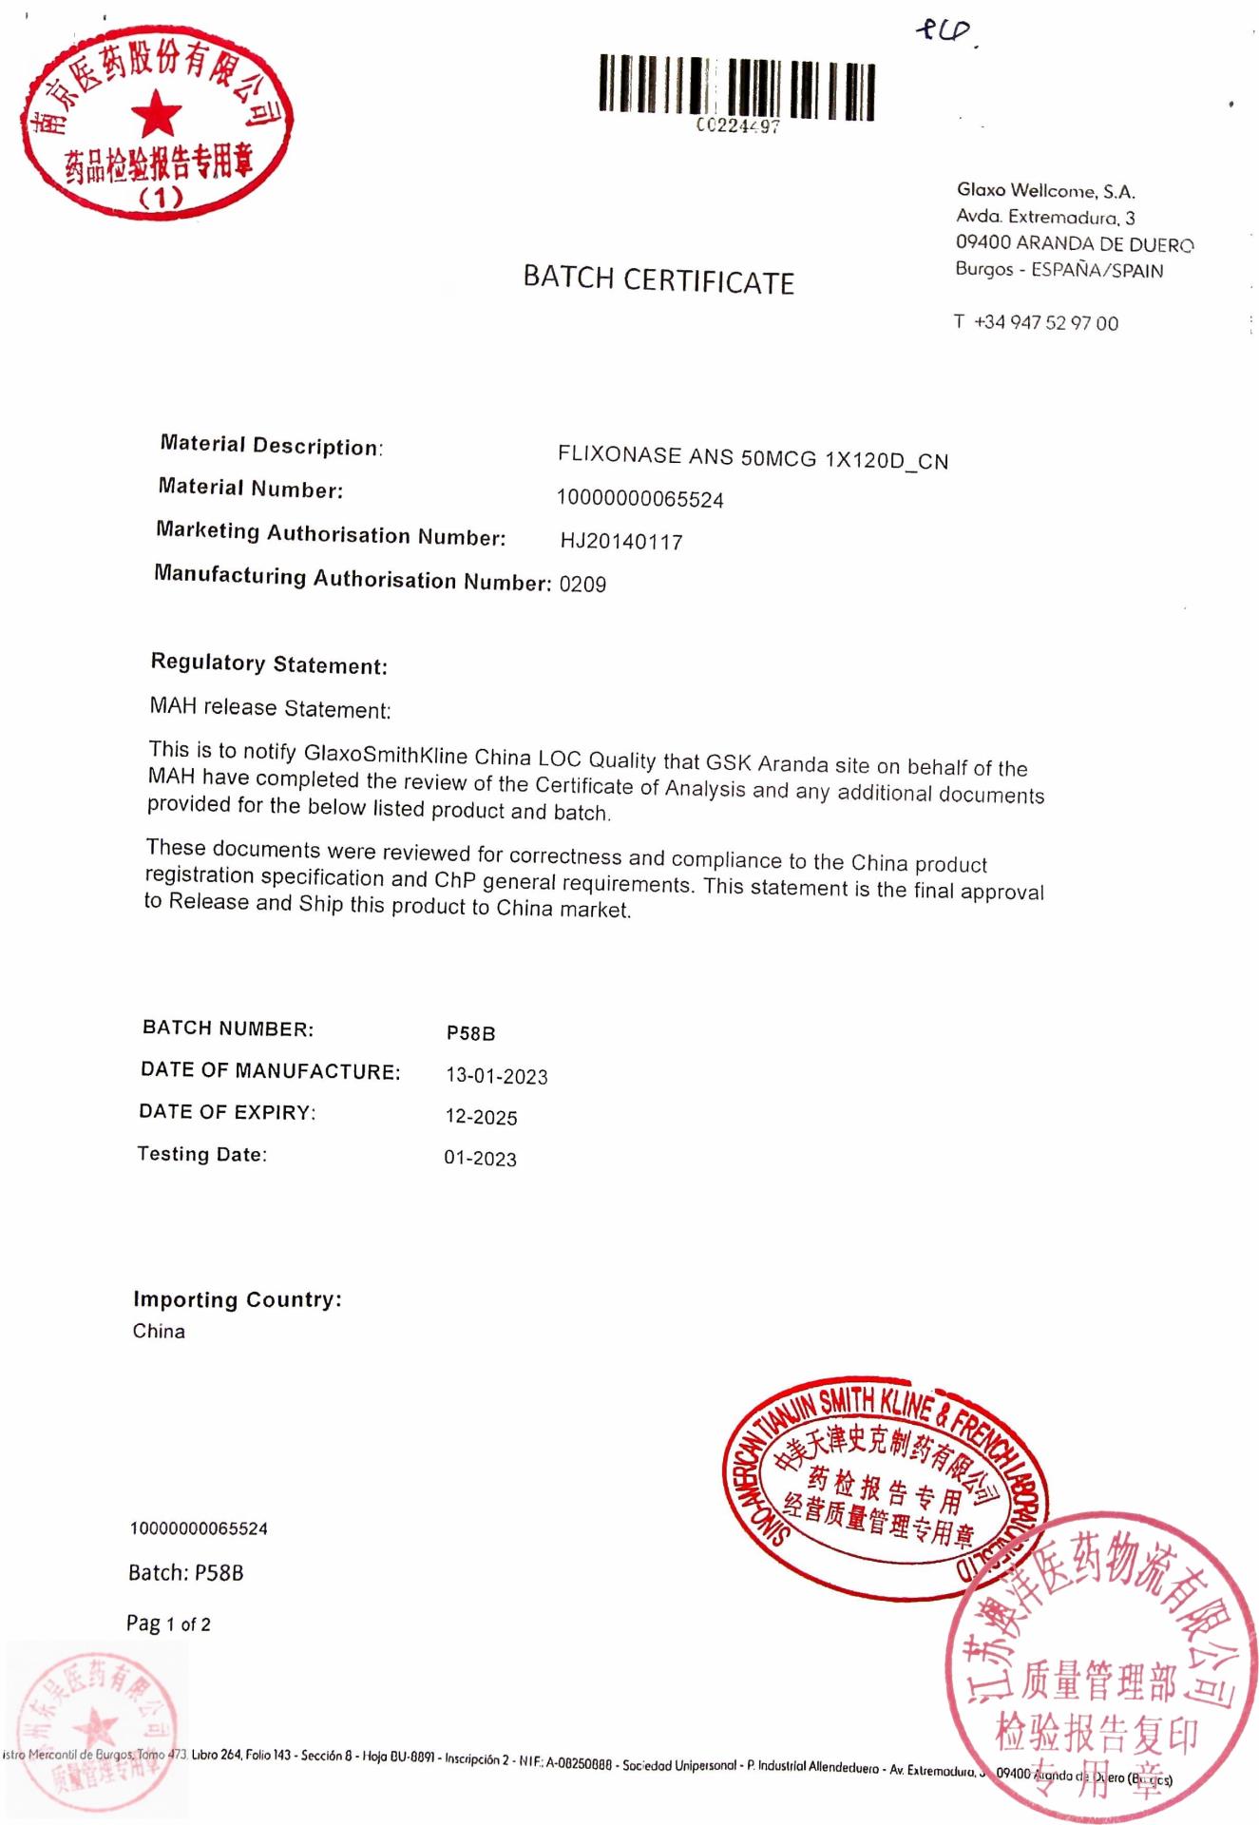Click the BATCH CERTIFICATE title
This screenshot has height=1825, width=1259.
[x=658, y=280]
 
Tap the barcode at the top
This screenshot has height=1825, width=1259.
[x=736, y=89]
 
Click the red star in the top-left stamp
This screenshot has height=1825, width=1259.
[x=156, y=115]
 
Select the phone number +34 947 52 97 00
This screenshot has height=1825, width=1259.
[x=1045, y=323]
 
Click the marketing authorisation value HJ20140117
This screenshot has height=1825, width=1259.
[x=621, y=542]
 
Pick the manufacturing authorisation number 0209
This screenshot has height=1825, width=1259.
[x=582, y=585]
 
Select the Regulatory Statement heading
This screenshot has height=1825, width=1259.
[x=269, y=664]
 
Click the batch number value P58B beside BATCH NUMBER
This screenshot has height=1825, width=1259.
[x=471, y=1033]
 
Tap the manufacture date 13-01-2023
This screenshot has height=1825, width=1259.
[x=497, y=1076]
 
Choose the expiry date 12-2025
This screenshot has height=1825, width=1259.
[x=482, y=1117]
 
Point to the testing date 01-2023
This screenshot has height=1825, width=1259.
[x=480, y=1159]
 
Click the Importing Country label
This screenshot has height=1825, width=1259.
[x=238, y=1299]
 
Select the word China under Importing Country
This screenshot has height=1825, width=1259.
[x=159, y=1331]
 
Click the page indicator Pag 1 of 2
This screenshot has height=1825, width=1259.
[x=169, y=1623]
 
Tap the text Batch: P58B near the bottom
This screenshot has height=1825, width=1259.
[x=186, y=1573]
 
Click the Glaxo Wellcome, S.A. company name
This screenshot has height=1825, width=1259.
[x=1046, y=191]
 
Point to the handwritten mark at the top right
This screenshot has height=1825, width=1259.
[x=944, y=33]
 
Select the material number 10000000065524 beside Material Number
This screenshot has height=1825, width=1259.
[x=639, y=499]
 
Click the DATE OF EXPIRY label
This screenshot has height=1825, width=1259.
[x=227, y=1112]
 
